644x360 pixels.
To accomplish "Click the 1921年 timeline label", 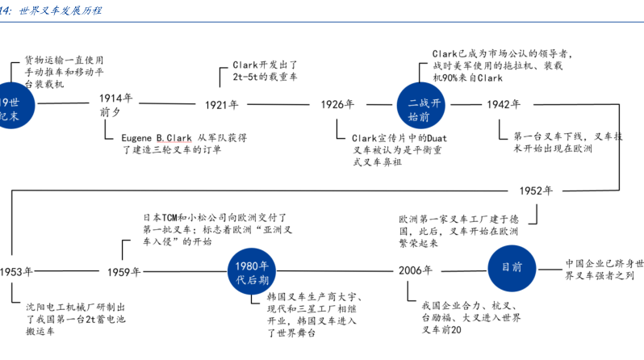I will (221, 105).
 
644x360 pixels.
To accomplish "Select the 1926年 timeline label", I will (337, 105).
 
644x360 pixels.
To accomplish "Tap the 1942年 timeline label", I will (503, 105).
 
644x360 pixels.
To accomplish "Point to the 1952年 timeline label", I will (536, 191).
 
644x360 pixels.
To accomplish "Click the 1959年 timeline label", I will (124, 272).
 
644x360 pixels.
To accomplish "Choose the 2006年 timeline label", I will (416, 271).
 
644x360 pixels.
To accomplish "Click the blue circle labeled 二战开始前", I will (422, 105).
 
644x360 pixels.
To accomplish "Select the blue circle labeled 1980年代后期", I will (252, 272).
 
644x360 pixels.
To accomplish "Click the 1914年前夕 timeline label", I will (116, 105).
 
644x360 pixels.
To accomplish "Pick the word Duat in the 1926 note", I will (433, 138).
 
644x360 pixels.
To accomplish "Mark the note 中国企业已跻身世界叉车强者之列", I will (604, 270).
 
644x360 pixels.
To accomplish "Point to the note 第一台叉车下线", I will (552, 143).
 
